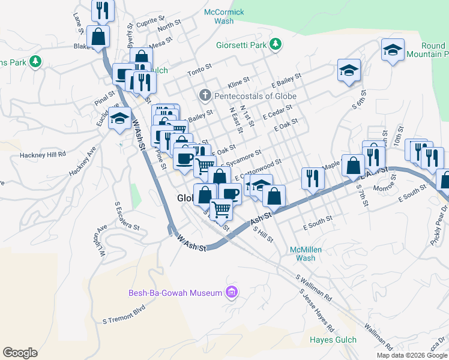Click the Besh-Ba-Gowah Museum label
pos(175,293)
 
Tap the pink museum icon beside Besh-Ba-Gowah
pos(231,293)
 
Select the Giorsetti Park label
pos(241,44)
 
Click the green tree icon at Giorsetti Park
pos(276,44)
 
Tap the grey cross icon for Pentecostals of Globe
pos(205,95)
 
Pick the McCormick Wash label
pos(224,16)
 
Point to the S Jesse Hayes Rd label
pos(316,311)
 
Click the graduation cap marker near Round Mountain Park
pos(393,49)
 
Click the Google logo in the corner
pos(20,353)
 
